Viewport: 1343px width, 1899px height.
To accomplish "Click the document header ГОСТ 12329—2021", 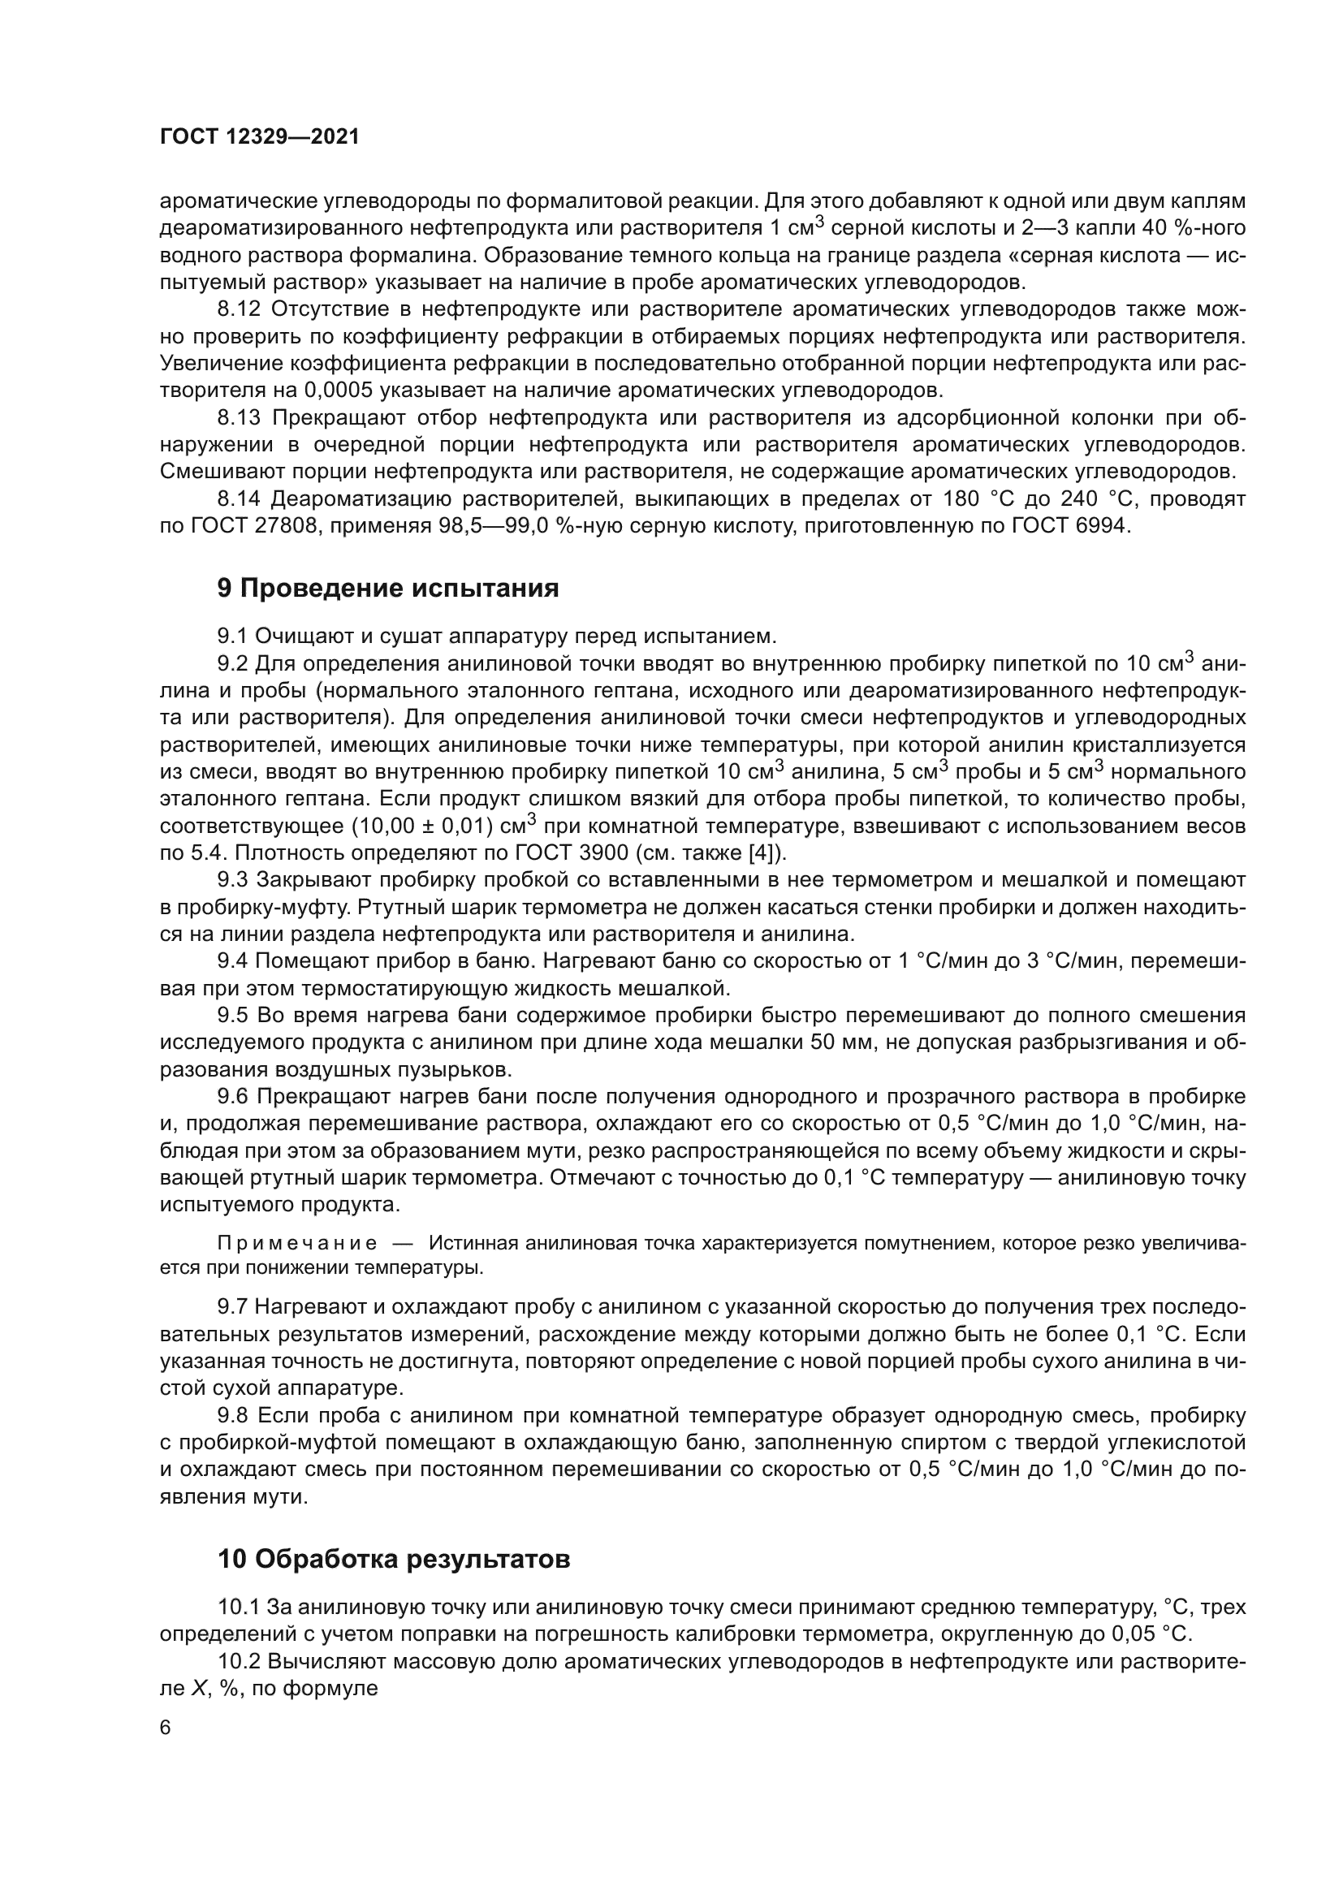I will coord(260,137).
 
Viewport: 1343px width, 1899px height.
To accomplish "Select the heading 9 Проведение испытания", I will coord(388,589).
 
